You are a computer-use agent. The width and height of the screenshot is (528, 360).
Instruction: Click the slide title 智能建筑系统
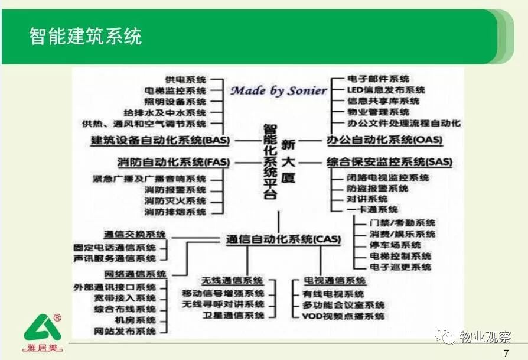coord(86,36)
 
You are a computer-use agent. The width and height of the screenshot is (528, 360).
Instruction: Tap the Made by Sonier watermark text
coord(279,90)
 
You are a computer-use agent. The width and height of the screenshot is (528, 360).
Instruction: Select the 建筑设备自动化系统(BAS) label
coord(160,140)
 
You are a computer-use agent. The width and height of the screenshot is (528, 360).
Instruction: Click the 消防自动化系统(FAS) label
coord(174,163)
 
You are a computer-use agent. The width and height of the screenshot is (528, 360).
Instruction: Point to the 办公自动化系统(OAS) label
coord(384,140)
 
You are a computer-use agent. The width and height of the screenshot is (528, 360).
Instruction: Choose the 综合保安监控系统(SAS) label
coord(389,162)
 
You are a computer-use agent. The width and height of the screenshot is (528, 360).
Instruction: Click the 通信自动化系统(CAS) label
coord(283,239)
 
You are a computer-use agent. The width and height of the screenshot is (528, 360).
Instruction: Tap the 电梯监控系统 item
coord(175,90)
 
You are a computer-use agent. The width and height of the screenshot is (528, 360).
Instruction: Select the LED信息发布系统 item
coord(386,90)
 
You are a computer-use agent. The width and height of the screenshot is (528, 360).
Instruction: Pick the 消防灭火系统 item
coord(175,201)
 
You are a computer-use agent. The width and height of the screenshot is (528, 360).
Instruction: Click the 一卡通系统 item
coord(372,210)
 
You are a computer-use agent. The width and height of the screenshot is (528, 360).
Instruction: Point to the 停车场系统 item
coord(395,245)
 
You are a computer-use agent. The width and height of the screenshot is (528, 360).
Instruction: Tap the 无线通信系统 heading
coord(232,281)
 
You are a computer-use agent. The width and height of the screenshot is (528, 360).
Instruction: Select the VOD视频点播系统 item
coord(343,316)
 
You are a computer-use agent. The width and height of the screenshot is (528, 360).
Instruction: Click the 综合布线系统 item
coord(125,309)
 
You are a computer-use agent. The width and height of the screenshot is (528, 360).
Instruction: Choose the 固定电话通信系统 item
coord(115,248)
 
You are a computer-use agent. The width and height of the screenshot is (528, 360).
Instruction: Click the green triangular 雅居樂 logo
coord(43,333)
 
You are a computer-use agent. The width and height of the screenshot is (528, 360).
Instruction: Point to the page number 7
coord(506,353)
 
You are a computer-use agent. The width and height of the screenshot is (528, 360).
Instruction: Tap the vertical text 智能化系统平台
coord(270,162)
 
